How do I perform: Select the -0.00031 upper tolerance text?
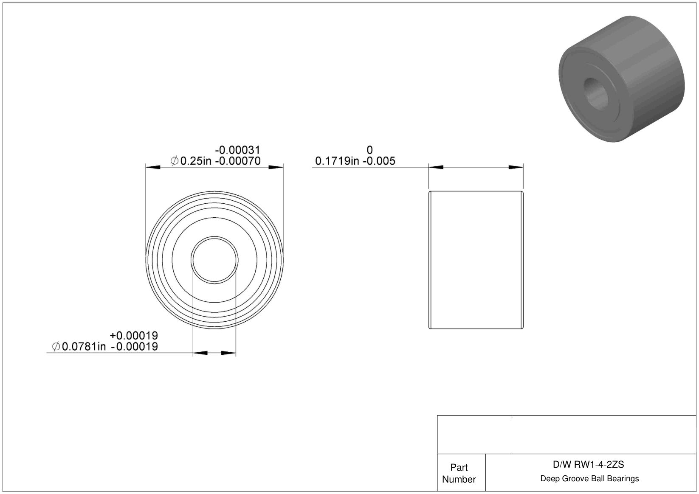tap(237, 150)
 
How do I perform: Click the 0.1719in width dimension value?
tap(337, 161)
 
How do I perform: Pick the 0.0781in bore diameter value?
tap(84, 346)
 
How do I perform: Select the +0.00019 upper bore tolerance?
tap(134, 336)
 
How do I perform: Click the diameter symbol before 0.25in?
tap(175, 161)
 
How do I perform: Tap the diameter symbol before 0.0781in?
tap(56, 346)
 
